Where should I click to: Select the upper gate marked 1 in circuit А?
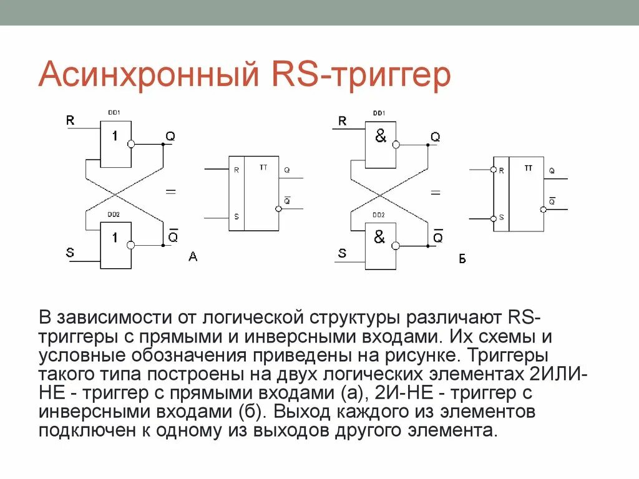click(x=116, y=144)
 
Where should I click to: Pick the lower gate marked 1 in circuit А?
click(x=116, y=245)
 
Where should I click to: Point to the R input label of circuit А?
click(x=71, y=120)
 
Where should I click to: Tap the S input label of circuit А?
click(x=71, y=253)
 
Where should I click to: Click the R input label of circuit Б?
click(x=342, y=120)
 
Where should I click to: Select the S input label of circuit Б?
click(x=342, y=253)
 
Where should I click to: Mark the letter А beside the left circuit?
click(x=192, y=256)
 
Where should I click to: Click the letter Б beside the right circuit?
click(x=462, y=259)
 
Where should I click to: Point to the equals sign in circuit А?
click(x=170, y=190)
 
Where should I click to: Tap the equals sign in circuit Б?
click(x=435, y=192)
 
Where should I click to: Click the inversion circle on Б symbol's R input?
click(x=494, y=170)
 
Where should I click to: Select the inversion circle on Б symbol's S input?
click(x=494, y=218)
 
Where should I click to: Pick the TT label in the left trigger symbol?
click(x=263, y=169)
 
